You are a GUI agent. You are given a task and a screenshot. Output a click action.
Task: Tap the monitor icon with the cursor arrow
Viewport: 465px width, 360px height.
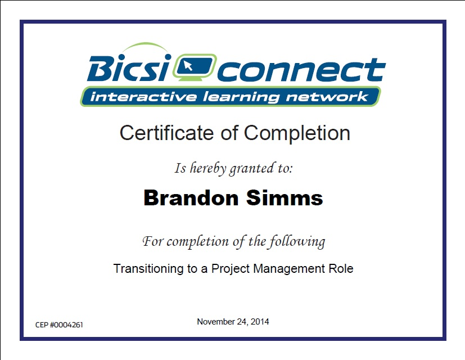point(195,67)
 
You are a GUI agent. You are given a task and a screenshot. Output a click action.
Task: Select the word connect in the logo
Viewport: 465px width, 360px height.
point(301,70)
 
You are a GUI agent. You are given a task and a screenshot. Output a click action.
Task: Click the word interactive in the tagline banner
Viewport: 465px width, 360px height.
point(143,97)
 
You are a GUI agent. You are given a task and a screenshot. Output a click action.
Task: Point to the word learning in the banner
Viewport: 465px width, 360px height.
point(241,97)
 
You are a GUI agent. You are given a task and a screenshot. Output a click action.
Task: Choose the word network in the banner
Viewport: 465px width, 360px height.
point(327,97)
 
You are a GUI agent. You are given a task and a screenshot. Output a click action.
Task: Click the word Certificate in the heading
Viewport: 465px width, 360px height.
point(166,133)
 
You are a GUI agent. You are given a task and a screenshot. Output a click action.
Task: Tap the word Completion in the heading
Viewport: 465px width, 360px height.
point(297,133)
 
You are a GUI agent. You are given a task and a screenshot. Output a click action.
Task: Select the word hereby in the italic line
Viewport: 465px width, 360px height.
point(208,168)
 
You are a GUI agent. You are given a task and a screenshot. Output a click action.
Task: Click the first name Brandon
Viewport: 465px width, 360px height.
point(191,197)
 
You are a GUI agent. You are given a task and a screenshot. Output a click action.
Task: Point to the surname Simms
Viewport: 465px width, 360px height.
point(285,197)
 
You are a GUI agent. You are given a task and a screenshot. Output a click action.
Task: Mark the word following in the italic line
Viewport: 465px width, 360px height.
point(297,241)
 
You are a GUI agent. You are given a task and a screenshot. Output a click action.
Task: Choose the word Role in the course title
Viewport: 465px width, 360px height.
point(341,268)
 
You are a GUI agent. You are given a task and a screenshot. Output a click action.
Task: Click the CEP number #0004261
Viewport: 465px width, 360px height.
point(66,325)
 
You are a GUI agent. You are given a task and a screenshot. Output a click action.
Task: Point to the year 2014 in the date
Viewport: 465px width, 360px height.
point(260,322)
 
